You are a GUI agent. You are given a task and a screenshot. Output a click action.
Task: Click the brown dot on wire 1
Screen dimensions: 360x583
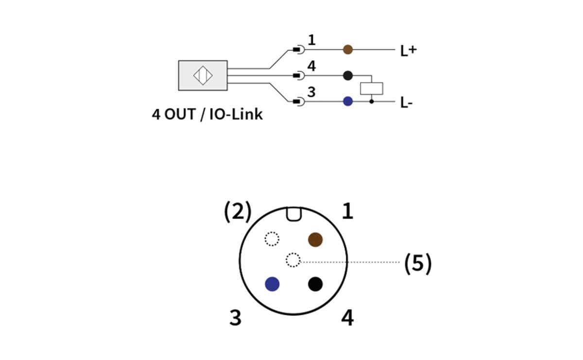[348, 50]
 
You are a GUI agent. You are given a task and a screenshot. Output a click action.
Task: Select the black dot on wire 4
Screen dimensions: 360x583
[348, 75]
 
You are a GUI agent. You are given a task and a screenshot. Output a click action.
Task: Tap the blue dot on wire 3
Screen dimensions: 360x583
[348, 102]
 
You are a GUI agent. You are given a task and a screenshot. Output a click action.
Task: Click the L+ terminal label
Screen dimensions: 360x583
[409, 51]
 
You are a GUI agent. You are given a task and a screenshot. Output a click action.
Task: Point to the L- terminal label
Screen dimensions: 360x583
[407, 103]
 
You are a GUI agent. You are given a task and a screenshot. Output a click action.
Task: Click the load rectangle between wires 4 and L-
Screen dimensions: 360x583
[372, 88]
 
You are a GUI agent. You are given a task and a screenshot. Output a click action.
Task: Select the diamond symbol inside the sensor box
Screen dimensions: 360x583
[203, 75]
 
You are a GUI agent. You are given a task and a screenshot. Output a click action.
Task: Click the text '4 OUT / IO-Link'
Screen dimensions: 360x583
[207, 115]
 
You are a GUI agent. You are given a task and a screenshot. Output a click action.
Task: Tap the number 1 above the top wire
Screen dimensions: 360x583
[311, 40]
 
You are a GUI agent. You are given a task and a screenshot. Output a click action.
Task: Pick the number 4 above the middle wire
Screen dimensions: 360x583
[311, 66]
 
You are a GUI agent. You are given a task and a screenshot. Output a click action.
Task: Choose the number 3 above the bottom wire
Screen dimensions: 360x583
[311, 92]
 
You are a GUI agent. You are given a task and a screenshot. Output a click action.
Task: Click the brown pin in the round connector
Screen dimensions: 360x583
[315, 239]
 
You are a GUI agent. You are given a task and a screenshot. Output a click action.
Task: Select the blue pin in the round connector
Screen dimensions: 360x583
[272, 284]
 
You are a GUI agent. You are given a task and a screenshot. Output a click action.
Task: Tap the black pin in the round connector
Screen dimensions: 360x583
[315, 284]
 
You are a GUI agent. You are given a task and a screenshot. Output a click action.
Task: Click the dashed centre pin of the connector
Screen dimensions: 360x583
[293, 260]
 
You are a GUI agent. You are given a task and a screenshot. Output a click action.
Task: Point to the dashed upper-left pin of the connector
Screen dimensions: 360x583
[272, 239]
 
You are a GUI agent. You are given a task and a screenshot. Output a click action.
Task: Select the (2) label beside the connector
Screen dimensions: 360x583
[238, 212]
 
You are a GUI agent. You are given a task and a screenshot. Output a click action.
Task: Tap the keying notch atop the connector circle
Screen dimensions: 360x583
[293, 214]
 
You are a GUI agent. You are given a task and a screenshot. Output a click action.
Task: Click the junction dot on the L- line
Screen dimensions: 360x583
[372, 102]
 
